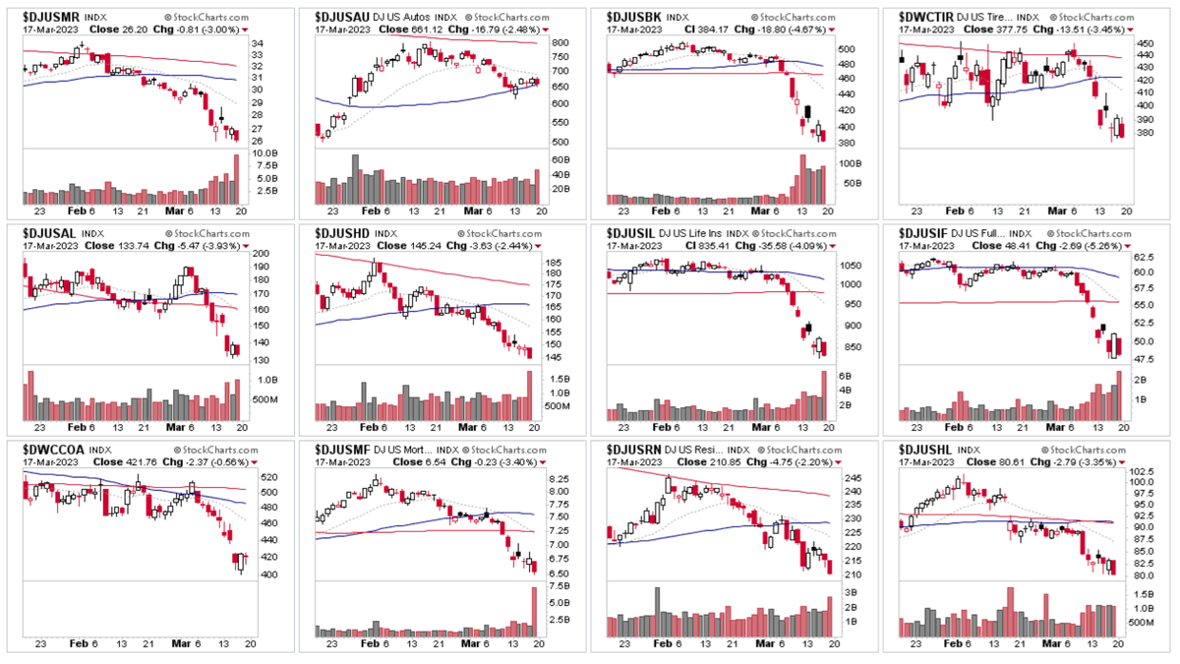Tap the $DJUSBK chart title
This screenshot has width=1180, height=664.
click(x=634, y=17)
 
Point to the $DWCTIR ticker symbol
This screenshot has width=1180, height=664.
click(x=928, y=17)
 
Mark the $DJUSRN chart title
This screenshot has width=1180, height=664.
click(x=635, y=449)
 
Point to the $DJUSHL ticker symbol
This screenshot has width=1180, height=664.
click(x=926, y=449)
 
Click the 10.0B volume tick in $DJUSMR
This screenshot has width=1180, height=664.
click(x=265, y=153)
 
